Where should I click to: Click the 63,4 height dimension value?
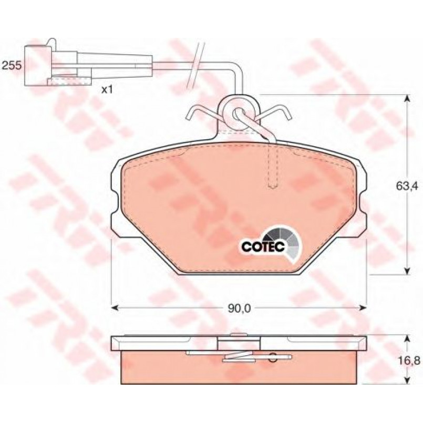tap(407, 186)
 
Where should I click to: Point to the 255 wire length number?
tap(11, 66)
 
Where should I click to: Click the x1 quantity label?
tap(107, 90)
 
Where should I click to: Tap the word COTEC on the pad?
tap(263, 246)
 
